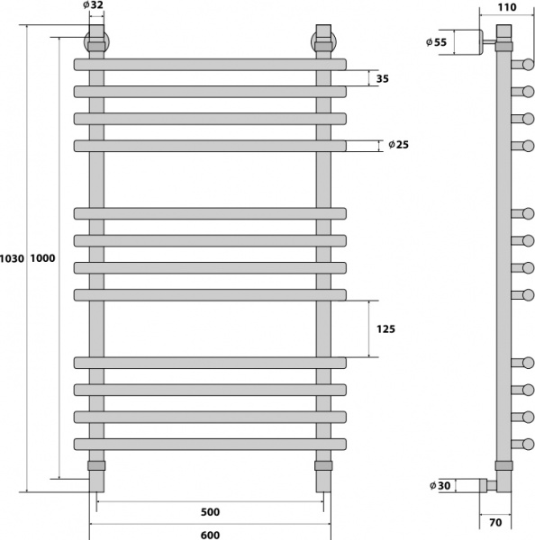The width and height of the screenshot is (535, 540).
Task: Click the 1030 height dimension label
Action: point(13,259)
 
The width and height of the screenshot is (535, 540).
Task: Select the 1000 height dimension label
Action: point(43,259)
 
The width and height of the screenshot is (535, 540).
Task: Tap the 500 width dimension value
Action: point(209,512)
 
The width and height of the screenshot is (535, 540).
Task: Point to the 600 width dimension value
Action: point(209,533)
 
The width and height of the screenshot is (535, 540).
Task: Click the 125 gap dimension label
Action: point(385,328)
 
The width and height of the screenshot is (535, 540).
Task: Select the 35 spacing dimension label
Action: point(382,79)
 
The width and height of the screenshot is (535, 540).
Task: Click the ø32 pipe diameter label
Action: point(93,5)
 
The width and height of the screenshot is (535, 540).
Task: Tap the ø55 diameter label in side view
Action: point(437,42)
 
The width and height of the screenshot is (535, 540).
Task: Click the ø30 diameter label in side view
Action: point(440,486)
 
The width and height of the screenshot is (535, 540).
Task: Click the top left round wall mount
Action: point(95,42)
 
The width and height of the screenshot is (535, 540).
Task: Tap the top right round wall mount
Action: point(323,42)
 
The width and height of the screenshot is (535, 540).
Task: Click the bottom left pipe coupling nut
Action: point(96,466)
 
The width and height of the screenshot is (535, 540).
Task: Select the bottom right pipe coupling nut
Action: point(323,466)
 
